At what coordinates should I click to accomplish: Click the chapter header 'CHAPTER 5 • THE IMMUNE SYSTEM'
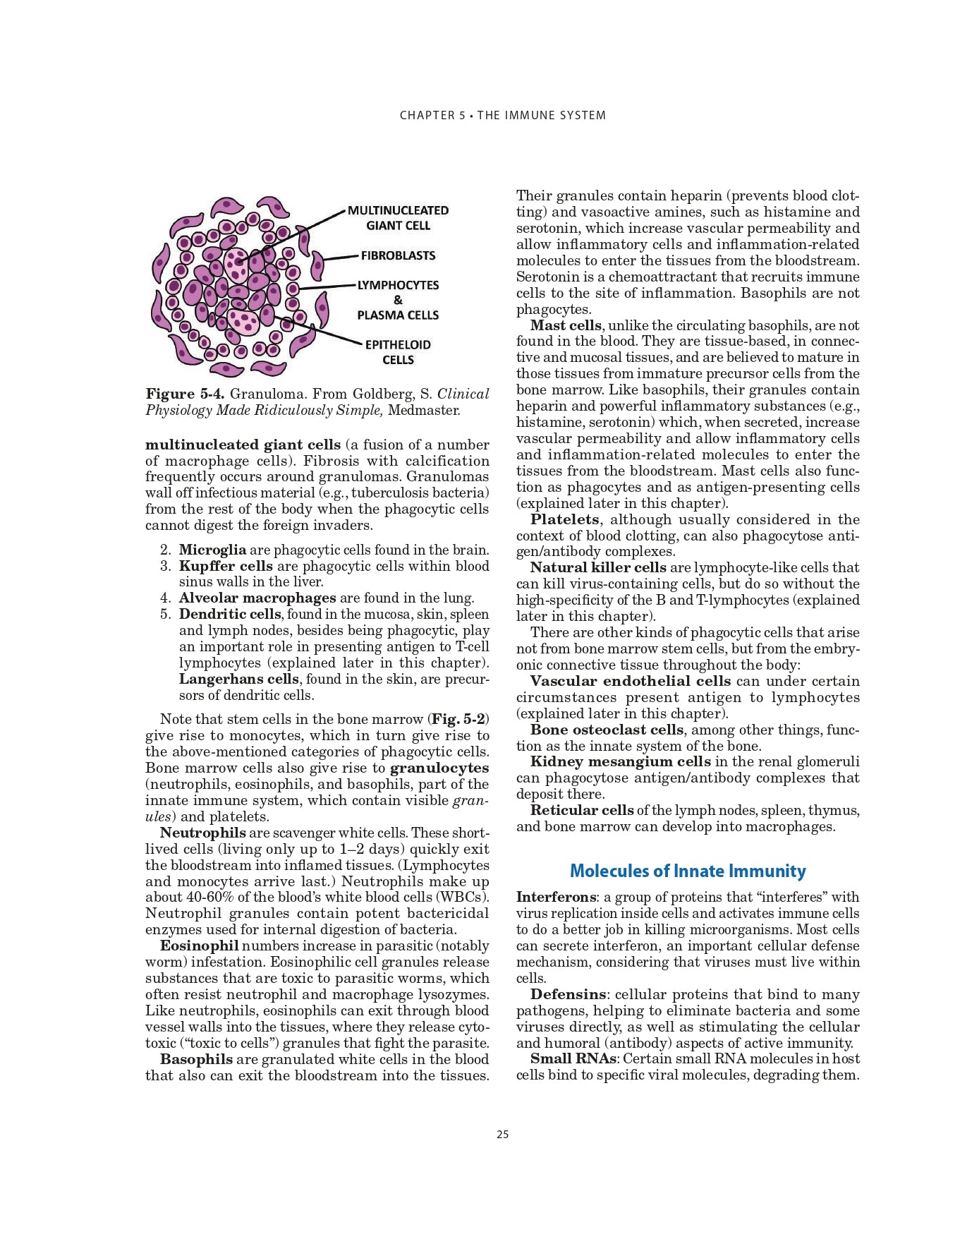pyautogui.click(x=502, y=115)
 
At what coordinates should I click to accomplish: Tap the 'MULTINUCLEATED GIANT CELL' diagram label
pyautogui.click(x=398, y=218)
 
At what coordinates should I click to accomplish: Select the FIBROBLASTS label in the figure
pyautogui.click(x=398, y=255)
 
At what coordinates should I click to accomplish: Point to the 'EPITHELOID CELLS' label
pyautogui.click(x=398, y=352)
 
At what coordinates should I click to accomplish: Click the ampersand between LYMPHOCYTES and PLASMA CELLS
pyautogui.click(x=398, y=300)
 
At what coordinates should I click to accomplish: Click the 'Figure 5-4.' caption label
pyautogui.click(x=185, y=394)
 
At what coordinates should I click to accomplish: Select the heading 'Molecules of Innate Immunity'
pyautogui.click(x=687, y=871)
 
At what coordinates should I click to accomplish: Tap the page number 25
pyautogui.click(x=502, y=1135)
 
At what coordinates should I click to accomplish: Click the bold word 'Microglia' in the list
pyautogui.click(x=212, y=550)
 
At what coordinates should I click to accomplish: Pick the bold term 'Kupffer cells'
pyautogui.click(x=226, y=566)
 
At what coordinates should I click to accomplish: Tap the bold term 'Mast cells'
pyautogui.click(x=566, y=325)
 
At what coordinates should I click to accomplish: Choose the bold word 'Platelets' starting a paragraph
pyautogui.click(x=564, y=519)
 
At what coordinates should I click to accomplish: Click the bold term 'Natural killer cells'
pyautogui.click(x=598, y=567)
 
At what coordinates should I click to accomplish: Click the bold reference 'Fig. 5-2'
pyautogui.click(x=458, y=719)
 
